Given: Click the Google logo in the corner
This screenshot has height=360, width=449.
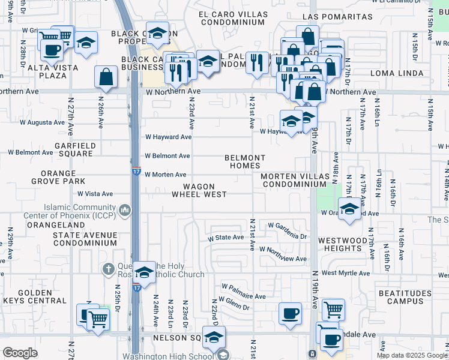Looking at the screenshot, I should (20, 353).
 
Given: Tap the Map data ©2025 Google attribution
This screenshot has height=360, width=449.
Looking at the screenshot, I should (411, 355).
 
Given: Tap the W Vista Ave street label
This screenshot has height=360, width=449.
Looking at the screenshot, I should (95, 194).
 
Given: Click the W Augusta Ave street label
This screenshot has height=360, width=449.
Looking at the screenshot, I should (42, 122).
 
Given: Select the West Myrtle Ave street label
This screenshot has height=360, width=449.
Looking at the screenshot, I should (345, 273).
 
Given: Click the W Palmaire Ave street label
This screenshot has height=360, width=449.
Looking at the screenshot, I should (243, 296).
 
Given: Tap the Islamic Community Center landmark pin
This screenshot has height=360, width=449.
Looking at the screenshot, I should (125, 210).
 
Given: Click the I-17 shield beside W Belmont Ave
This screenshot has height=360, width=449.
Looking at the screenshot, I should (136, 171).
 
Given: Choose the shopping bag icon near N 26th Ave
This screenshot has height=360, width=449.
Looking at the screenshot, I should (106, 77).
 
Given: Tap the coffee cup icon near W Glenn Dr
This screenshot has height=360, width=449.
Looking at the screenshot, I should (291, 313).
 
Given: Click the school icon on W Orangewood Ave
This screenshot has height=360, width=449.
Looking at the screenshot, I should (349, 209).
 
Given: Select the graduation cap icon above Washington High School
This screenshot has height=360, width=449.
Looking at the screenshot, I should (213, 337).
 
